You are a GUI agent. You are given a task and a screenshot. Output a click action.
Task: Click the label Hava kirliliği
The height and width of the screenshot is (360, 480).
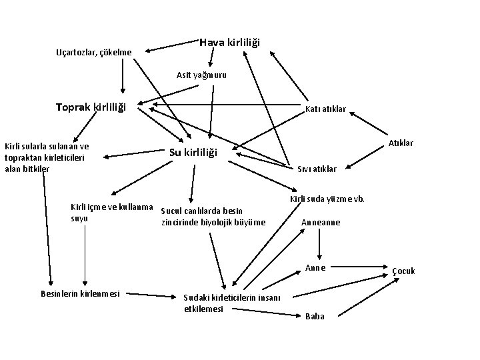(x=230, y=43)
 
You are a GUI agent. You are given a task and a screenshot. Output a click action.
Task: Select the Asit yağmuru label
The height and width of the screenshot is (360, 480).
(x=201, y=75)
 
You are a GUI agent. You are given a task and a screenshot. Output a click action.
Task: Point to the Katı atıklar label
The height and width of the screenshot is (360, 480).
(x=325, y=109)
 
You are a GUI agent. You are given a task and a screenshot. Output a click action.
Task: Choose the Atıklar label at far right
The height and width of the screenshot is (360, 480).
(x=401, y=143)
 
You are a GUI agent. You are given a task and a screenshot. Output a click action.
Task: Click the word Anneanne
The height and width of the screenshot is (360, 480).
(x=321, y=222)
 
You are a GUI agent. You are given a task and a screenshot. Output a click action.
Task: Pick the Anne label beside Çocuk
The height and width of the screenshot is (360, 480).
(x=315, y=268)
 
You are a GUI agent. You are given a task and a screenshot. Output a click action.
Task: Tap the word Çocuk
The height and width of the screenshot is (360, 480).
(x=403, y=271)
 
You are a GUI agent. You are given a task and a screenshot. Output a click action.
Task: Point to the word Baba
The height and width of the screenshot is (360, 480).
(x=314, y=316)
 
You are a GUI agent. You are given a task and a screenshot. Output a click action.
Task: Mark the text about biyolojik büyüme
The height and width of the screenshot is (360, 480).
(x=213, y=217)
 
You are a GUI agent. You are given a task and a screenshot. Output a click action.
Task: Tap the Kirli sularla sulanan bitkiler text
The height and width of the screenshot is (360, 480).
(x=47, y=157)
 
